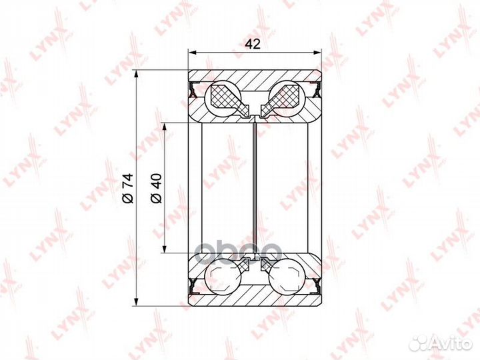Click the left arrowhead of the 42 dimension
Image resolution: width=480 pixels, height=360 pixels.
coord(192,53)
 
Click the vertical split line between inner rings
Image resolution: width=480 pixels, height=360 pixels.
coord(255,187)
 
